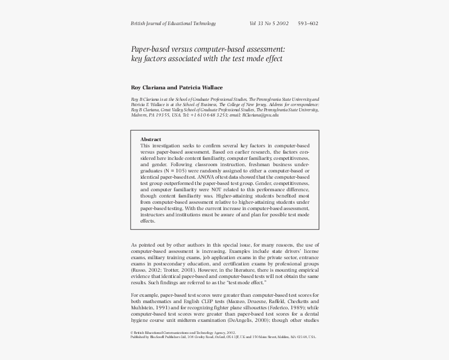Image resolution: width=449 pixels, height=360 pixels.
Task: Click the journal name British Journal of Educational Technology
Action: [173, 24]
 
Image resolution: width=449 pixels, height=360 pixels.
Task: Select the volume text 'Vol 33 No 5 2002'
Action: [269, 24]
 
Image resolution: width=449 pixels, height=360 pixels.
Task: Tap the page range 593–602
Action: [308, 24]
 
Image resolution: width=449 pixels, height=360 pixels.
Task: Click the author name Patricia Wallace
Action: [201, 88]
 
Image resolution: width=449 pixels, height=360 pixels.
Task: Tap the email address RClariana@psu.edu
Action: [260, 115]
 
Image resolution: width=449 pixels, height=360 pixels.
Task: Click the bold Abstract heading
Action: [151, 140]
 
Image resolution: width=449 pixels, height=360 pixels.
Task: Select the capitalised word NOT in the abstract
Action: [218, 190]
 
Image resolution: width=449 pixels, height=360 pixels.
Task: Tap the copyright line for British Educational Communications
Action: [183, 332]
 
